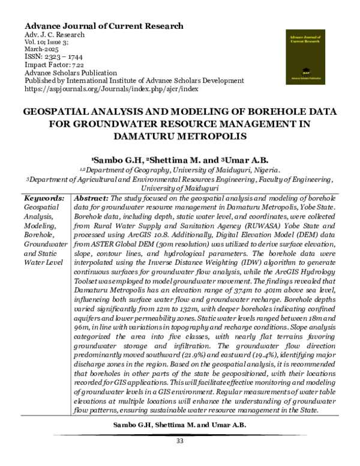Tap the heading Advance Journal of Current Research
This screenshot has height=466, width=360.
[x=103, y=26]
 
